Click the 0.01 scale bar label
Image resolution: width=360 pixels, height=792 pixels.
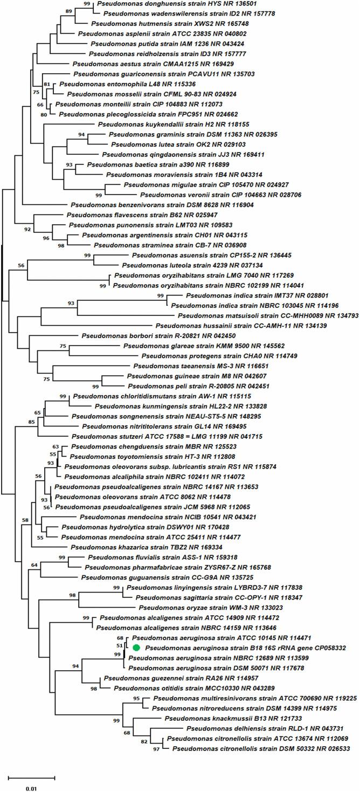point(31,789)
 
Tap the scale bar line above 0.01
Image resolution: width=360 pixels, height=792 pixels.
point(31,777)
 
